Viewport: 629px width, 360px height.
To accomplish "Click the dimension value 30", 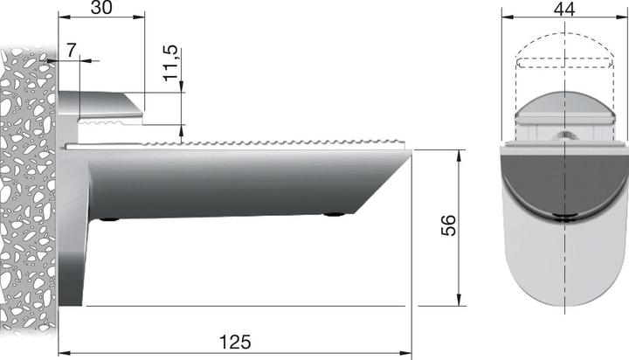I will click(101, 8).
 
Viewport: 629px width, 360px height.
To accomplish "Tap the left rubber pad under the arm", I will click(110, 218).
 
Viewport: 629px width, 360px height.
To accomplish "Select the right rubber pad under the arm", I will click(333, 214).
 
